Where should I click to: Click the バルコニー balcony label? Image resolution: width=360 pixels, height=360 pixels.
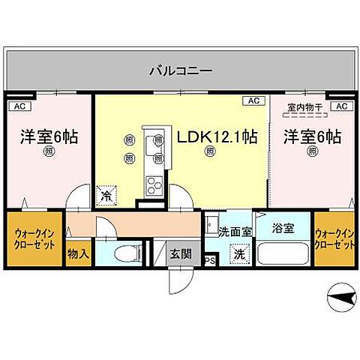pos(181,71)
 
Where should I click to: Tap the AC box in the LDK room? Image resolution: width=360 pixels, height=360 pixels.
pos(253,100)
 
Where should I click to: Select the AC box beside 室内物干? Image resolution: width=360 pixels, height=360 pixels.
pos(341,107)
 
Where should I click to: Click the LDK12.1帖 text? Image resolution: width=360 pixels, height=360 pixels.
pos(217,137)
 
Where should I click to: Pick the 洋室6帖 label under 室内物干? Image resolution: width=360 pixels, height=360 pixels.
pos(312,137)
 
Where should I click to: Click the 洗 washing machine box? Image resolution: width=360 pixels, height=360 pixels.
pos(238,253)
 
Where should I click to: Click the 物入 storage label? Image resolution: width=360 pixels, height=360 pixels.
pos(78,253)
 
